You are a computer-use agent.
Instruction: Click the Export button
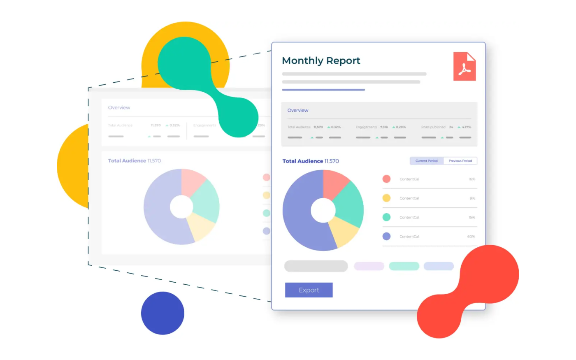point(309,290)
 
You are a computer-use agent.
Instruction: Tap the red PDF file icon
point(465,66)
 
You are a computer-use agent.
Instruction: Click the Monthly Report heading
point(321,61)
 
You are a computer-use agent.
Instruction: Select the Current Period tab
point(426,161)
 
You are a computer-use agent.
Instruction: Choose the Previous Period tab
point(460,161)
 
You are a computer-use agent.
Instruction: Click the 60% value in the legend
point(471,237)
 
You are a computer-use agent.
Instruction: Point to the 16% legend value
point(471,179)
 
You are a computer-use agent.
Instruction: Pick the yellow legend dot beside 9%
point(386,198)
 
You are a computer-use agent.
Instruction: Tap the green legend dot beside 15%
point(386,217)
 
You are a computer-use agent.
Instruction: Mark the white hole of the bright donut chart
point(323,210)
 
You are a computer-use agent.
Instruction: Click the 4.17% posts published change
point(467,127)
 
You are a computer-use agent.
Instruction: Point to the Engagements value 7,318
point(384,127)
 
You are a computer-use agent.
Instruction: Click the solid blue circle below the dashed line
point(163,313)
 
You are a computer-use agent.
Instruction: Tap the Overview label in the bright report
point(298,110)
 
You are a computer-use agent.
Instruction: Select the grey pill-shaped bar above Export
point(316,266)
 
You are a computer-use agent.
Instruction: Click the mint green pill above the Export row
point(404,266)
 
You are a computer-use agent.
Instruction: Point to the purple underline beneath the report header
point(323,90)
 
